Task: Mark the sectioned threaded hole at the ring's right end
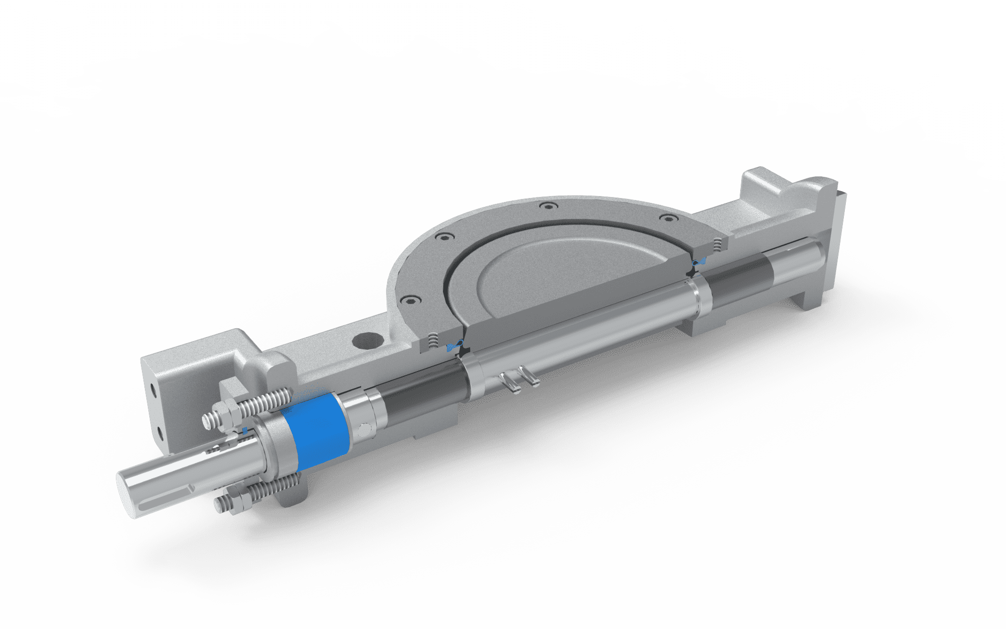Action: (718, 243)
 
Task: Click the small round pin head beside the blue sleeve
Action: (365, 429)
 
